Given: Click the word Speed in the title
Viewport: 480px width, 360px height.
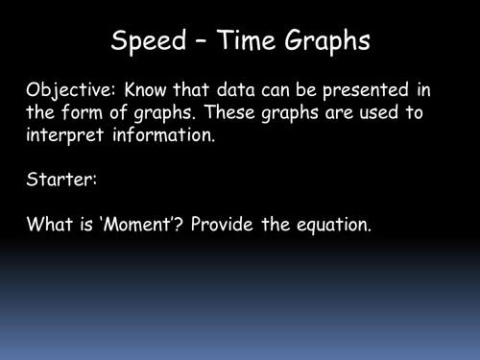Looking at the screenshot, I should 146,43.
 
